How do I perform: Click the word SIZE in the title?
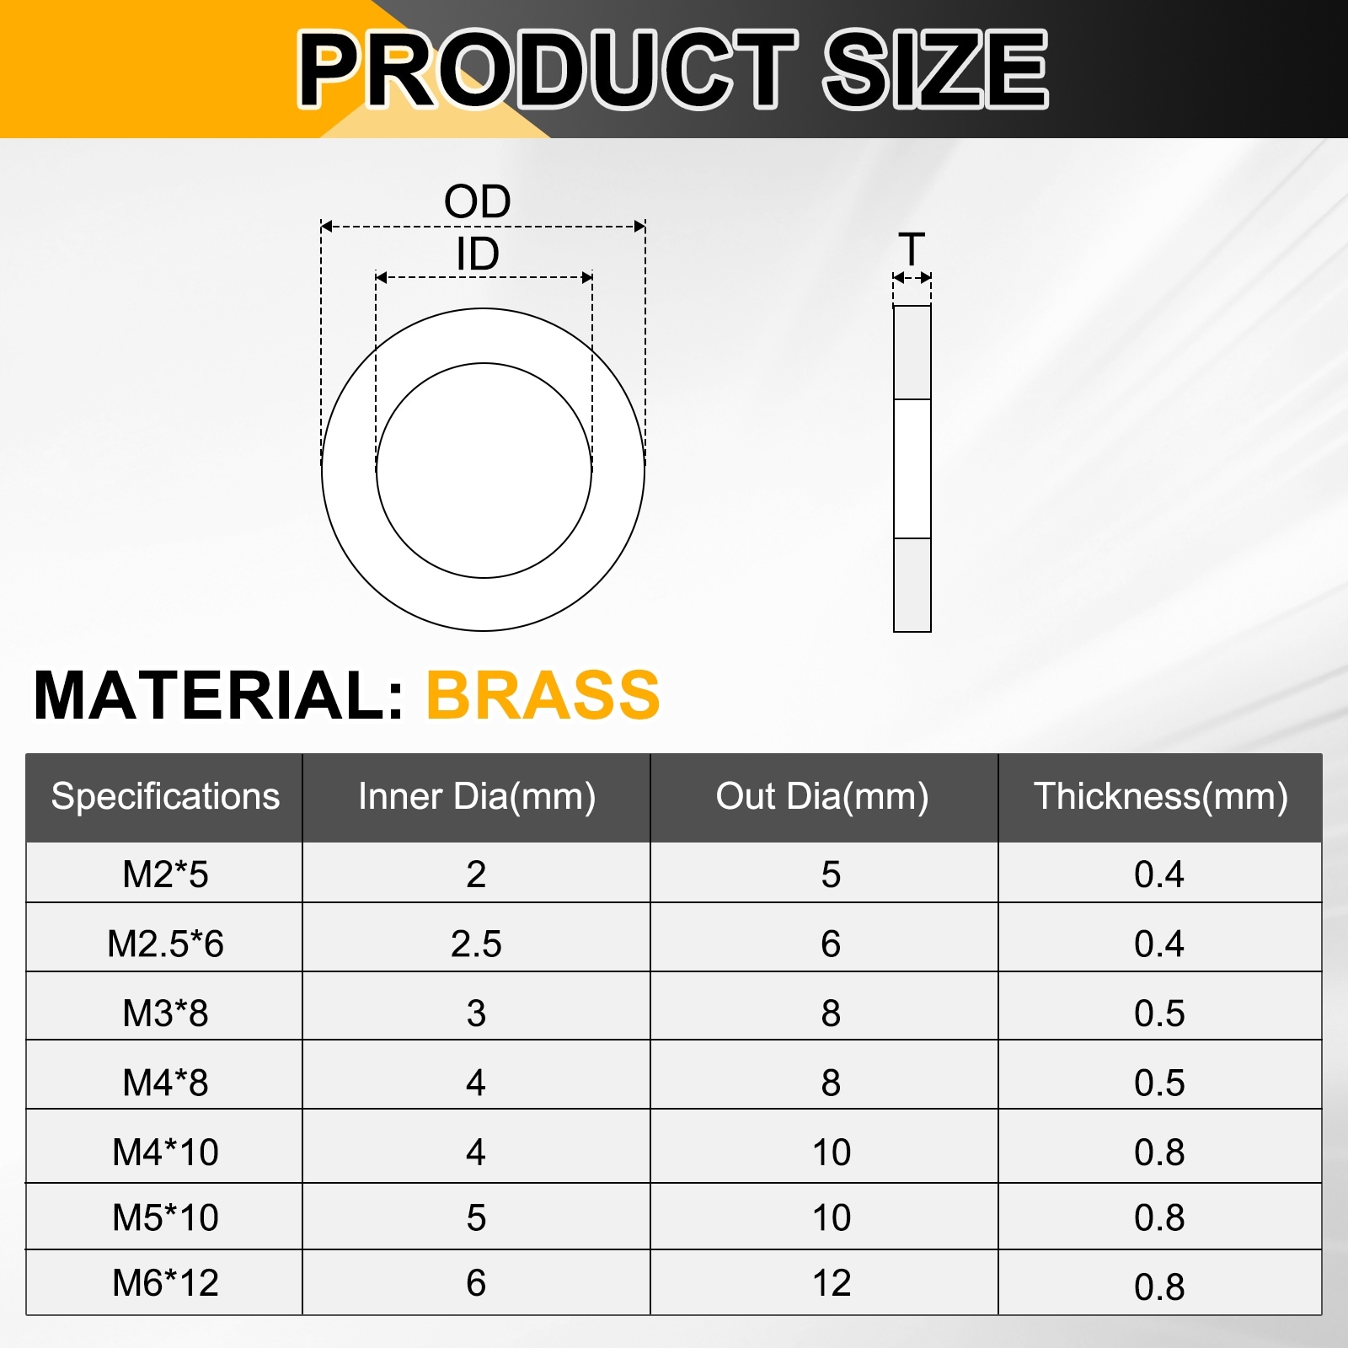[x=935, y=69]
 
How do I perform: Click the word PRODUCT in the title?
[x=548, y=69]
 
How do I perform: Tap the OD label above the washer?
[x=478, y=202]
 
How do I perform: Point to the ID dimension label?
[x=478, y=254]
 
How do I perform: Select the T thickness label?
[x=912, y=249]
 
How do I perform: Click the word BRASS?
[x=543, y=695]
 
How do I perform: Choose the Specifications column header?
[x=165, y=796]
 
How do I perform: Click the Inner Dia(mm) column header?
[x=477, y=796]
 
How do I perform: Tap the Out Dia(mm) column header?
[x=822, y=796]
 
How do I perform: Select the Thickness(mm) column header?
[x=1160, y=796]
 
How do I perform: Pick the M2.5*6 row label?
[x=165, y=944]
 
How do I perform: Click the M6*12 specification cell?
[x=165, y=1282]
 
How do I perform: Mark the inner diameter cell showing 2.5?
[x=476, y=944]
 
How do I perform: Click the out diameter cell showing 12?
[x=832, y=1282]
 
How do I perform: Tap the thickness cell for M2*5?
[x=1159, y=875]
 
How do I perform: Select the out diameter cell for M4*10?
[x=832, y=1152]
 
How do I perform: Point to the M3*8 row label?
[x=165, y=1013]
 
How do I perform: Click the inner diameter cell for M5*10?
[x=476, y=1217]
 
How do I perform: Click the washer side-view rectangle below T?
[x=912, y=468]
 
